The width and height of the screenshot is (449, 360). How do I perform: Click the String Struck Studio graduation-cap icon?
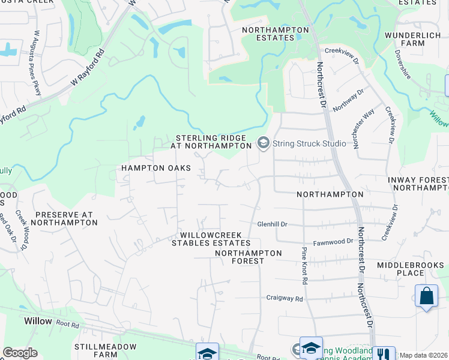pos(262,143)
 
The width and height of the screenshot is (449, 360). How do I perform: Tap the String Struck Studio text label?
pos(309,143)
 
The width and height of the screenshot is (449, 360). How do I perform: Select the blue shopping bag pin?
pos(426,296)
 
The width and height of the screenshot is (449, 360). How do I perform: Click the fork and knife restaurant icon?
pos(383,354)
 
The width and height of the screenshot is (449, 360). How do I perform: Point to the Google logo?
pos(20,353)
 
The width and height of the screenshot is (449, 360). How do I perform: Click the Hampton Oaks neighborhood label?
pos(156,168)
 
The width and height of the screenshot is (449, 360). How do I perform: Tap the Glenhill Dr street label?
pos(273,224)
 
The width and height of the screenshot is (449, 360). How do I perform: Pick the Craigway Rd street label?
pos(285,298)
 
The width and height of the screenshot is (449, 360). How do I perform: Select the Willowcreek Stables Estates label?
pos(211,239)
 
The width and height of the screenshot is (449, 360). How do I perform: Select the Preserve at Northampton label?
pos(63,218)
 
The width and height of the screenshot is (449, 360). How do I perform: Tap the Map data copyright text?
pos(424,355)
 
